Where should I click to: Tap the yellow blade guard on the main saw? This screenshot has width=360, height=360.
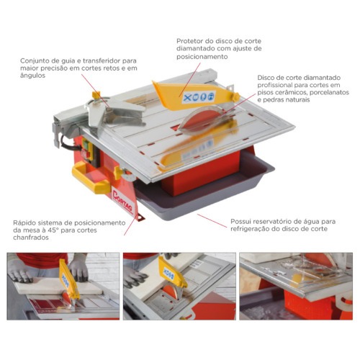click(x=195, y=96)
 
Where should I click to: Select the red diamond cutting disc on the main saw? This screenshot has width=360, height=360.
click(x=201, y=121)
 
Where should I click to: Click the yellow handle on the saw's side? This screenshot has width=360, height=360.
click(x=90, y=176)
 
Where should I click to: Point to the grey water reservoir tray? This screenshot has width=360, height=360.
click(x=204, y=189)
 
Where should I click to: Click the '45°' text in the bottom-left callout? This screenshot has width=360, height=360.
click(x=58, y=230)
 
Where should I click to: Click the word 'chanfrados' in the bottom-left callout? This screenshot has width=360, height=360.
click(x=31, y=238)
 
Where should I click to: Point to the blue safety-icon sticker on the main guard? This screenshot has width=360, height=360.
click(x=199, y=96)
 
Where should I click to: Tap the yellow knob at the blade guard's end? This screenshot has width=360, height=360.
click(x=235, y=97)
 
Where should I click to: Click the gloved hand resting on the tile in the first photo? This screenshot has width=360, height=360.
click(x=19, y=271)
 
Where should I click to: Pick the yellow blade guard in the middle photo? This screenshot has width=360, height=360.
click(x=171, y=272)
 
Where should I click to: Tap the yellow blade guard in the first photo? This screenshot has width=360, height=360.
click(x=68, y=279)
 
